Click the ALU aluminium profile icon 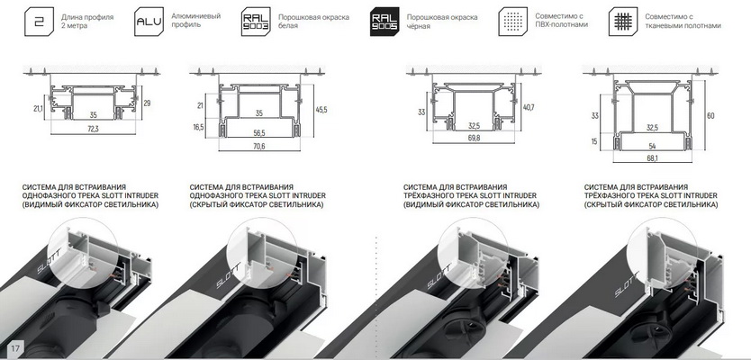tap(149, 22)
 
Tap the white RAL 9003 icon tap(257, 22)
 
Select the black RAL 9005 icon tap(385, 22)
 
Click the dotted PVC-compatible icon tap(513, 22)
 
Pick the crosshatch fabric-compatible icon tap(623, 22)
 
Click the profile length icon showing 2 tap(40, 22)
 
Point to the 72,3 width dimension tap(93, 129)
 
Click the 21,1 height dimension tap(39, 109)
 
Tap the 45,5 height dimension tap(321, 110)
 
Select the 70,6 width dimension tap(258, 146)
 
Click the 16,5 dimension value tap(198, 127)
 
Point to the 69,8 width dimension tap(474, 138)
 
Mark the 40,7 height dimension tap(529, 107)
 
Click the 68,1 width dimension tap(652, 157)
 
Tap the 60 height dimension tap(710, 115)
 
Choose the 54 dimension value tap(652, 145)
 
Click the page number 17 tap(14, 348)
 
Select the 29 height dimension tap(147, 103)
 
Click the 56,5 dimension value tap(258, 132)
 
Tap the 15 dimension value tap(595, 141)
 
